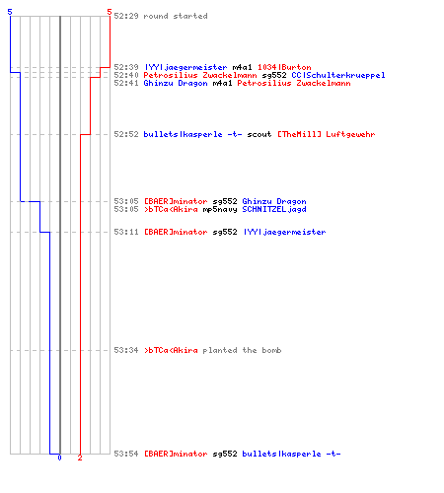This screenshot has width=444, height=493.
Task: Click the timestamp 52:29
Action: (126, 16)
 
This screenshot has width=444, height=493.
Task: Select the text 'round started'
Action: (176, 16)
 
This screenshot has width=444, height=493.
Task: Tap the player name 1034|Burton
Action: (284, 67)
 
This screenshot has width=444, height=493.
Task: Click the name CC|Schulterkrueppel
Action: (338, 75)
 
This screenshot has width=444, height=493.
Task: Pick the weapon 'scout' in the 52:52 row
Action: (259, 134)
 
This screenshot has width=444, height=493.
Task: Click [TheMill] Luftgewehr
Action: (327, 134)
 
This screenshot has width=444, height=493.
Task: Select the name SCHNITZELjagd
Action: (274, 209)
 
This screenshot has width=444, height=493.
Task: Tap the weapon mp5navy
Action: (220, 209)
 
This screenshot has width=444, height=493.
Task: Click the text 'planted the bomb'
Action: (242, 350)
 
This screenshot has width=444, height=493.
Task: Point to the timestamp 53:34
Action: (126, 350)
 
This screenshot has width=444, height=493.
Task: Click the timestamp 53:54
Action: (126, 454)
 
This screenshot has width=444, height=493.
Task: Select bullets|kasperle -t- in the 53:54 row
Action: (291, 454)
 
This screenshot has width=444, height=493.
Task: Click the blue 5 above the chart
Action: (10, 12)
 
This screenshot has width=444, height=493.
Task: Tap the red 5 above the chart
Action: (110, 12)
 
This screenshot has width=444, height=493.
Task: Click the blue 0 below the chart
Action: (59, 458)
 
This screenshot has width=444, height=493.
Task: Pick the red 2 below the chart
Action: (80, 458)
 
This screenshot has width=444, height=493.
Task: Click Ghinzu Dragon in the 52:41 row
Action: (176, 83)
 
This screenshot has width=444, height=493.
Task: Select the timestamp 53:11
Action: (126, 232)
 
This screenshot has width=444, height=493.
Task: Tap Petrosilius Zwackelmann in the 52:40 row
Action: (200, 75)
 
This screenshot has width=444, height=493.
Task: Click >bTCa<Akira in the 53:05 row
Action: (171, 209)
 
